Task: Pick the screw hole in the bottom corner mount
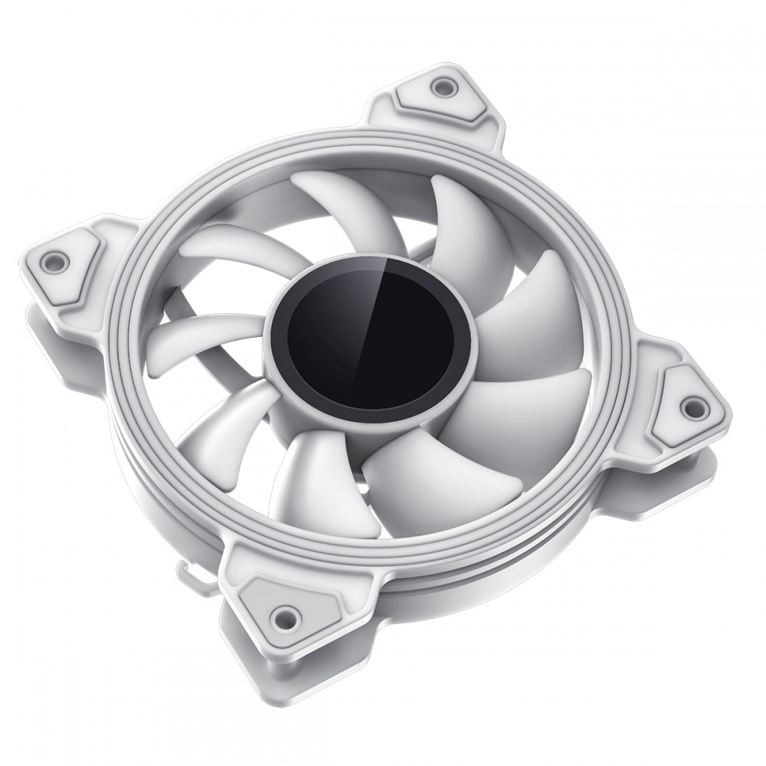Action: [x=286, y=613]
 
